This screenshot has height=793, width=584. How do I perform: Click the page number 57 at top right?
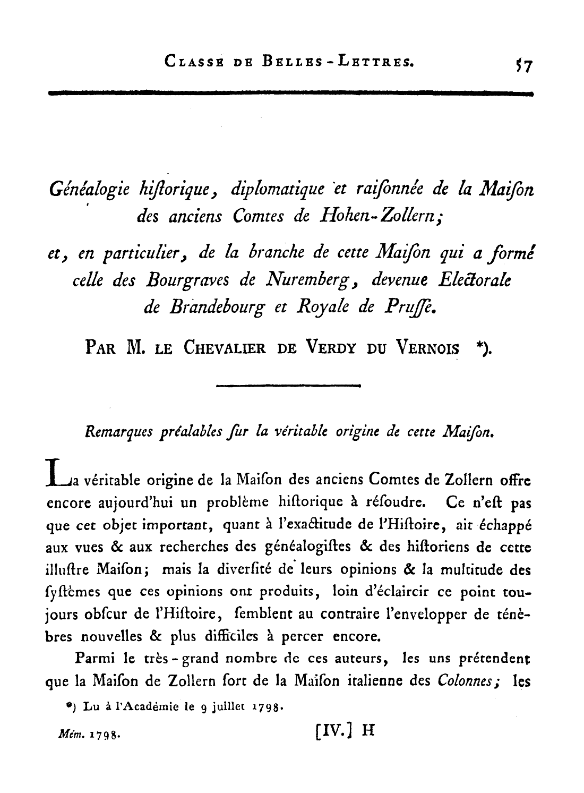(x=523, y=66)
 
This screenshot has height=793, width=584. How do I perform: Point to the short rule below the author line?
(x=289, y=386)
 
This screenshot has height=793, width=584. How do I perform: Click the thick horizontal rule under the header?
(x=290, y=93)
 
